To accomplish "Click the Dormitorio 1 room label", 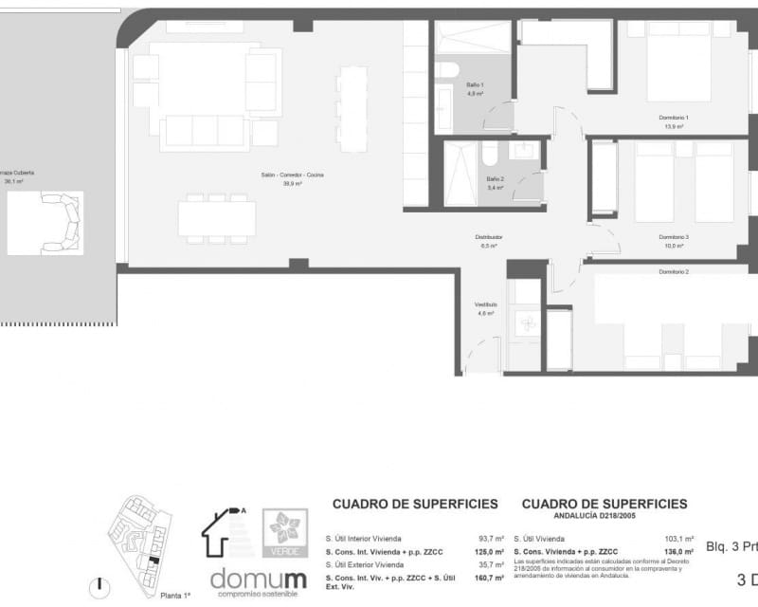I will tap(674, 117).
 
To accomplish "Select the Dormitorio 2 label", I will tap(674, 272).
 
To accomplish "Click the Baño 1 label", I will tap(474, 85).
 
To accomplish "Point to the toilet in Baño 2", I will tap(490, 154).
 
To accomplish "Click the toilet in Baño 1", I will tap(446, 69).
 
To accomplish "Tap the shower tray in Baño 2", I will tap(460, 174).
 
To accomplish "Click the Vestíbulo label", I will tap(486, 304).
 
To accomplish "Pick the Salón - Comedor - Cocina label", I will tap(293, 175).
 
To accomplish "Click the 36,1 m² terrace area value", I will tap(13, 181).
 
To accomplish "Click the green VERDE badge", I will tap(284, 532).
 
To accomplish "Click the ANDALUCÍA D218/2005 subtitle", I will tap(604, 517).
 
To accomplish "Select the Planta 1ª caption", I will tap(174, 595).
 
